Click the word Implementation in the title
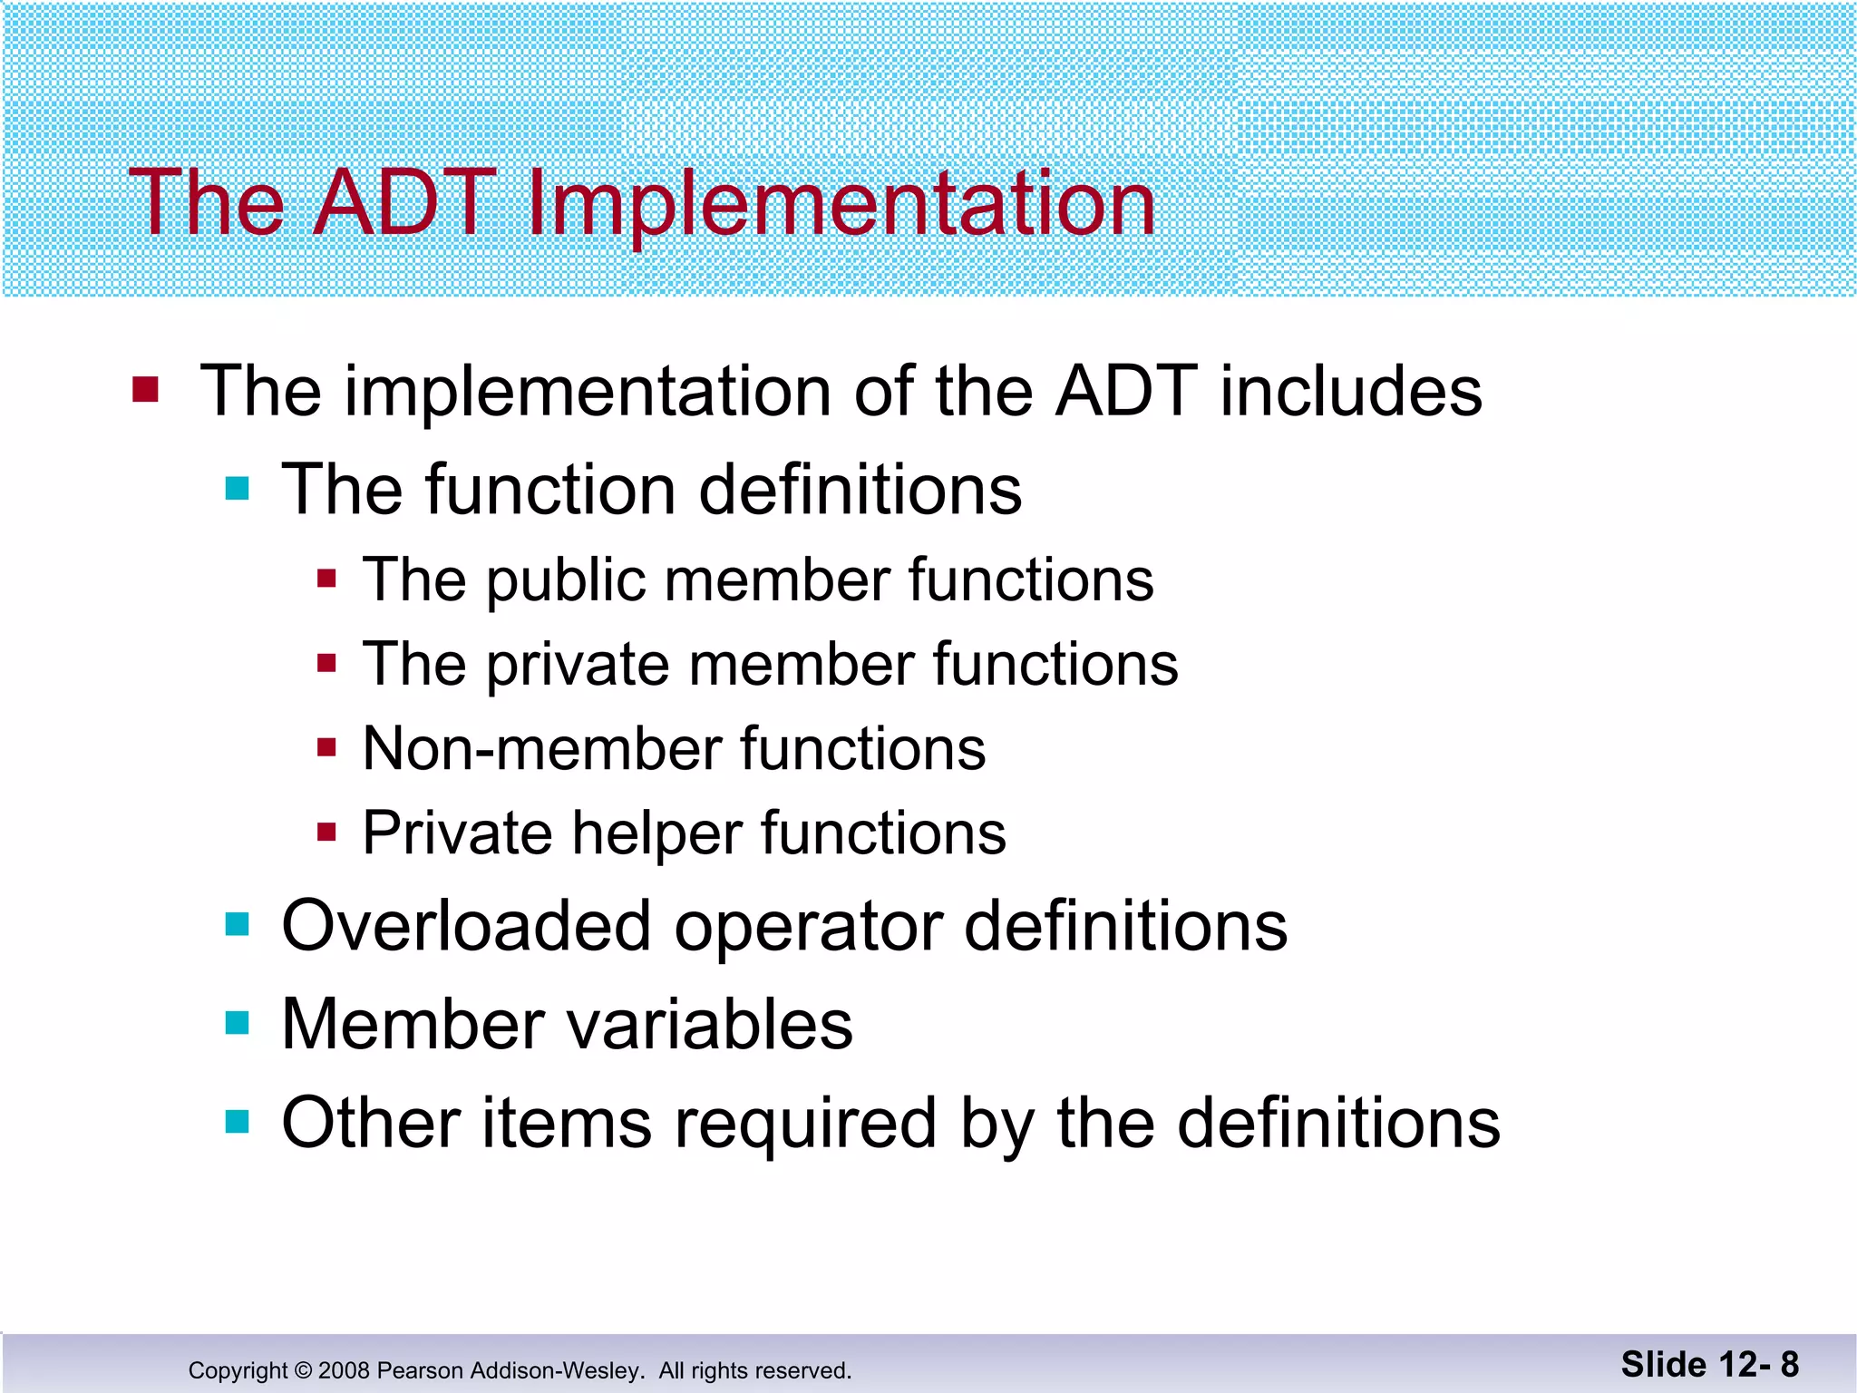tap(840, 204)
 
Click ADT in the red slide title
tap(405, 204)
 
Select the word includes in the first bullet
tap(1350, 392)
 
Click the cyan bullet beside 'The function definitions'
tap(238, 490)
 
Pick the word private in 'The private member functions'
tap(578, 665)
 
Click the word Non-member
tap(541, 749)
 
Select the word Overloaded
tap(466, 927)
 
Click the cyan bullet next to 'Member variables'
tap(238, 1024)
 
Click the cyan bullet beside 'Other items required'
tap(238, 1123)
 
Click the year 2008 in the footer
tap(344, 1370)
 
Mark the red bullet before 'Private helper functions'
tap(327, 832)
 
